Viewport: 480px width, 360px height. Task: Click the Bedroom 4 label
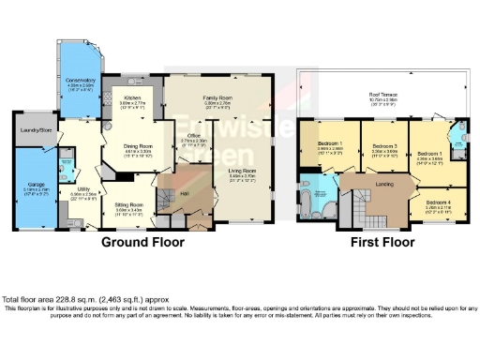[435, 202]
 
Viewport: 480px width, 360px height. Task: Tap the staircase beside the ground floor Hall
[169, 200]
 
